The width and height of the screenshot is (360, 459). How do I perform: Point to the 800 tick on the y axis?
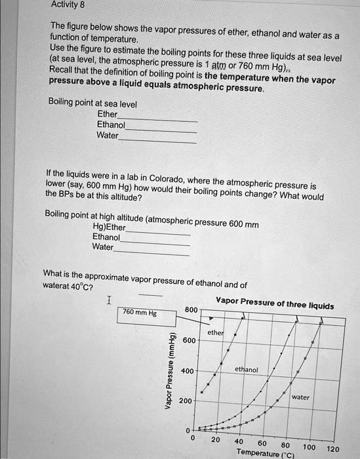[190, 309]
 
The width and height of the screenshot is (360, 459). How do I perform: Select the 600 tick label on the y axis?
[189, 340]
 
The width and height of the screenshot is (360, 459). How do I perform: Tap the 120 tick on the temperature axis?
[332, 449]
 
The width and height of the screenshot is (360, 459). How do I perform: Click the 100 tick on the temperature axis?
[310, 447]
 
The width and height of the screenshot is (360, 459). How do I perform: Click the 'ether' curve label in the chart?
[215, 333]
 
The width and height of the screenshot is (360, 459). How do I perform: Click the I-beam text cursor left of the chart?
[109, 301]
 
